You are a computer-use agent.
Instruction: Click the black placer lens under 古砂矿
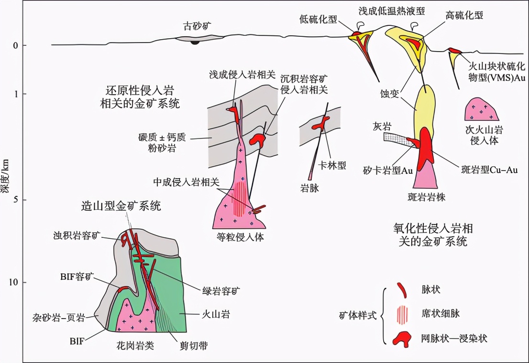tap(195, 42)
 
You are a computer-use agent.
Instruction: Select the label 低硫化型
tap(319, 19)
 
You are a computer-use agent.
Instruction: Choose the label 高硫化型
tap(463, 15)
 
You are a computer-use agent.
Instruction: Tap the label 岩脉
tap(310, 189)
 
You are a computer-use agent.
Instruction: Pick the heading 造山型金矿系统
tap(121, 206)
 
